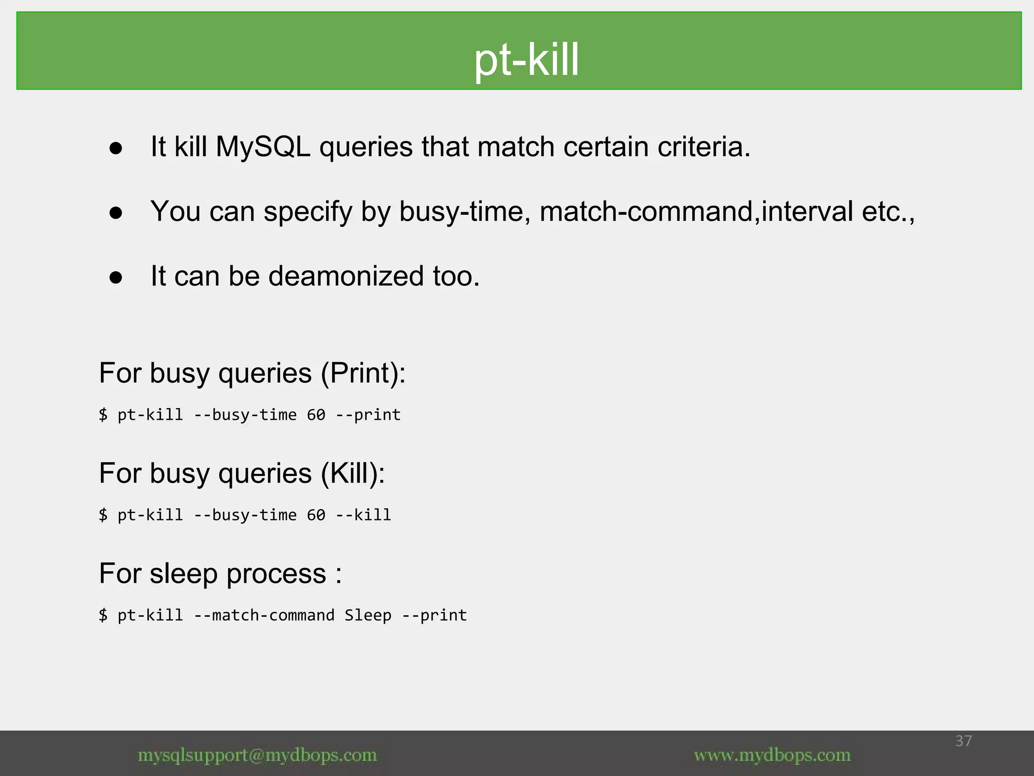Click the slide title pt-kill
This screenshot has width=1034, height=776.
[x=526, y=60]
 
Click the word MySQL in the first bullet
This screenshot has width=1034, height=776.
[x=263, y=147]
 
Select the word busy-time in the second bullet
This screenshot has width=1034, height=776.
[x=464, y=212]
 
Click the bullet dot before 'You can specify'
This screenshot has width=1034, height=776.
[x=116, y=213]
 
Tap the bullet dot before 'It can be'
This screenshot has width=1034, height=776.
[x=116, y=277]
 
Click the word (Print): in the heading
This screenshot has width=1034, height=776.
[x=363, y=373]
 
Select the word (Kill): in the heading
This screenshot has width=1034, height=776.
[x=353, y=473]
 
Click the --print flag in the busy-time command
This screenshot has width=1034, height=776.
[x=368, y=415]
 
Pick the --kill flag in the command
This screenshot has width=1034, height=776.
[x=364, y=515]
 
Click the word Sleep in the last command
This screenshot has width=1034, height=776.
[x=368, y=615]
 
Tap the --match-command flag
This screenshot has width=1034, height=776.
[x=264, y=615]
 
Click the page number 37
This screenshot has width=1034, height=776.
[x=963, y=741]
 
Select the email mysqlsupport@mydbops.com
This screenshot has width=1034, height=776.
[x=257, y=755]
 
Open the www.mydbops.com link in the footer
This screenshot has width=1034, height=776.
[x=772, y=755]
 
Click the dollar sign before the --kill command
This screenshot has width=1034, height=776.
[x=103, y=515]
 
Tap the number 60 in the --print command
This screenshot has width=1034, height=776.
[x=316, y=415]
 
